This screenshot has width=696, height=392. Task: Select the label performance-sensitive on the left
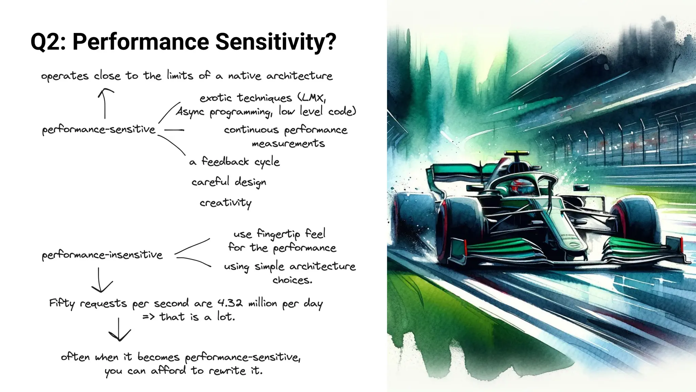point(99,130)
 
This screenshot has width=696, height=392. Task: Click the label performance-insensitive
point(102,255)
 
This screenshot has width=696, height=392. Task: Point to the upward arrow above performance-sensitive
point(105,103)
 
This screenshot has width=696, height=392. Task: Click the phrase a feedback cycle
point(234,162)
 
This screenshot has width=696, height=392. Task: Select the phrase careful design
point(229,182)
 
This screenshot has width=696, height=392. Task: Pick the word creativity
point(226,203)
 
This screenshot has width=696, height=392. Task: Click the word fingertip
point(278,234)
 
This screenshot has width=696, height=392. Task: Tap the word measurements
point(288,144)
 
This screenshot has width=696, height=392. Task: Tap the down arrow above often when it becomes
point(119,330)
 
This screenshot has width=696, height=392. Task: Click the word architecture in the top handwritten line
point(299,76)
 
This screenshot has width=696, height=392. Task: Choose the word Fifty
point(62,303)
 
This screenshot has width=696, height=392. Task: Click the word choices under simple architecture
point(292,280)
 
